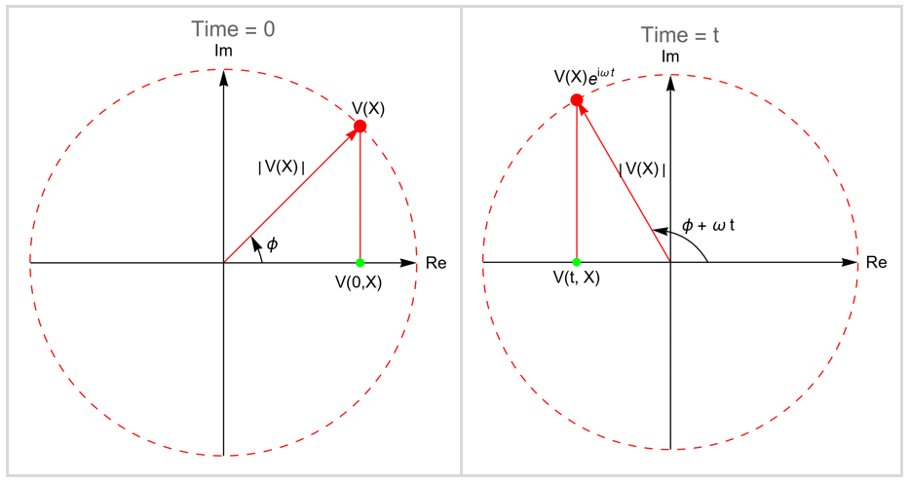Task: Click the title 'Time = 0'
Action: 233,29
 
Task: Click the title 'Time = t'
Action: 680,35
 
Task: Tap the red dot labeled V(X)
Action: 360,126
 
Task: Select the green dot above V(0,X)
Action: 360,263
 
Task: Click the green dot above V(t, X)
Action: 576,262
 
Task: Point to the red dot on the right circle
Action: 576,100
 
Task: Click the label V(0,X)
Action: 359,282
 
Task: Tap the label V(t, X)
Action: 576,278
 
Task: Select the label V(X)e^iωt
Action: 584,76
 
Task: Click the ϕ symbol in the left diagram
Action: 272,243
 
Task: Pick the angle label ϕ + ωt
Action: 708,224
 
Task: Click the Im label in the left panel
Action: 223,51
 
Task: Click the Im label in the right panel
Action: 670,56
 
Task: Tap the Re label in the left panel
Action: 436,263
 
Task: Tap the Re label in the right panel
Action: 876,262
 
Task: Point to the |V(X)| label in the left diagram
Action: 282,167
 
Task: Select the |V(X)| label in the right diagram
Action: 642,169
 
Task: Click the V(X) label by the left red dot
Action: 368,108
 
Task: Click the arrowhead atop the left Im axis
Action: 223,77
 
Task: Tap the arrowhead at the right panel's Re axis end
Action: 850,262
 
